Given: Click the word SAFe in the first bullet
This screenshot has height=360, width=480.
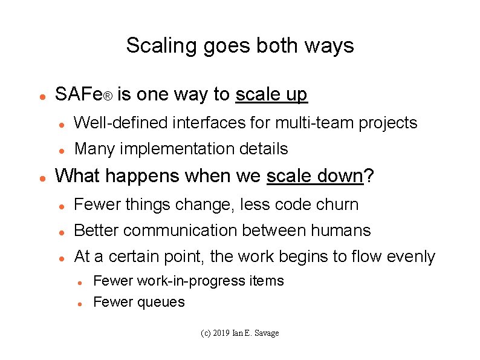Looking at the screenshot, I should (x=77, y=94).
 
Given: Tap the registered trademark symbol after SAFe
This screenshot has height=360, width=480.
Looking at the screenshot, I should (x=106, y=97).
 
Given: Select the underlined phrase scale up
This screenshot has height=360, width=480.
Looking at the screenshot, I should (x=271, y=94).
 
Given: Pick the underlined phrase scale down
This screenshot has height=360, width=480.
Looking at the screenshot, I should (x=314, y=176).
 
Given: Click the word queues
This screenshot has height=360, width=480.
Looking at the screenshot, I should (x=161, y=303).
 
